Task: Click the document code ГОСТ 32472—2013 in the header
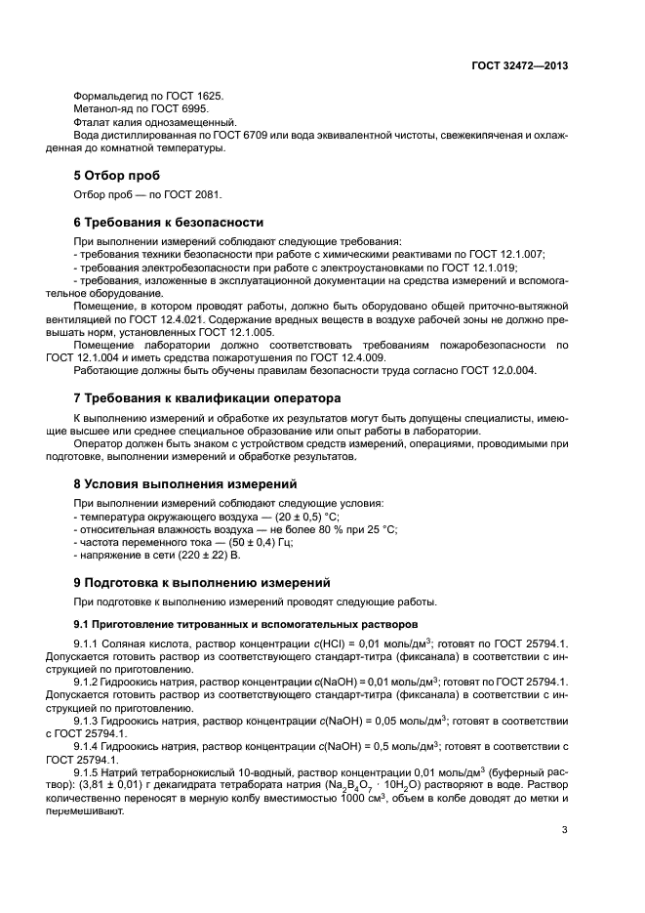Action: point(520,66)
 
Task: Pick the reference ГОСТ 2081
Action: point(181,193)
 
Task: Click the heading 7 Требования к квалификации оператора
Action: point(208,398)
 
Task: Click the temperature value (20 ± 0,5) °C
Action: point(300,516)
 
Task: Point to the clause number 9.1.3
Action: point(108,720)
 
